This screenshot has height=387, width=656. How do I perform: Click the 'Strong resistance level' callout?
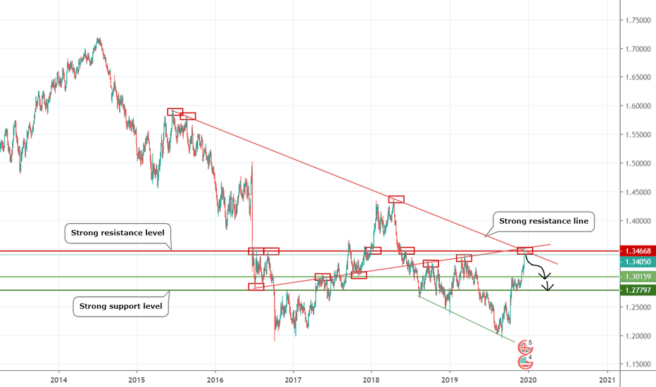118,232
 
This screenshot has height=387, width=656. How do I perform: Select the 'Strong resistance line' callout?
543,222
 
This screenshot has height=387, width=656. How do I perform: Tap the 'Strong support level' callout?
120,306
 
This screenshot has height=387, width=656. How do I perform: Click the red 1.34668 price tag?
638,250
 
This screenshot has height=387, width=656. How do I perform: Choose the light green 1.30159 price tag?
638,277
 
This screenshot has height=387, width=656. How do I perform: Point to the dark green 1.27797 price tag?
638,290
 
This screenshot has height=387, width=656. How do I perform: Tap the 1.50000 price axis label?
638,163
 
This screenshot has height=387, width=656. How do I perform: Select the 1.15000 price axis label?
638,364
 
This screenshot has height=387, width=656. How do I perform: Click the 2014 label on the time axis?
59,380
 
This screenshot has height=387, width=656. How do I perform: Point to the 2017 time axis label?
294,380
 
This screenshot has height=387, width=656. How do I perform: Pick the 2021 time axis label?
606,380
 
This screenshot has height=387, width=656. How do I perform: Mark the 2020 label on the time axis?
528,380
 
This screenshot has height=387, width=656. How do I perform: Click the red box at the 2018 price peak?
396,199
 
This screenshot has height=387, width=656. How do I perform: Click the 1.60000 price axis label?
638,106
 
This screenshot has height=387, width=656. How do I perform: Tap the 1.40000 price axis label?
638,221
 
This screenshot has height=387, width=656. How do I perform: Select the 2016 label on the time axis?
215,380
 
